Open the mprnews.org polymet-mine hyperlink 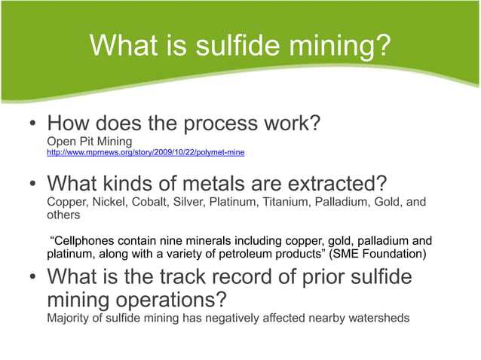pos(146,152)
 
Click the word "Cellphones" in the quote pos(87,241)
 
